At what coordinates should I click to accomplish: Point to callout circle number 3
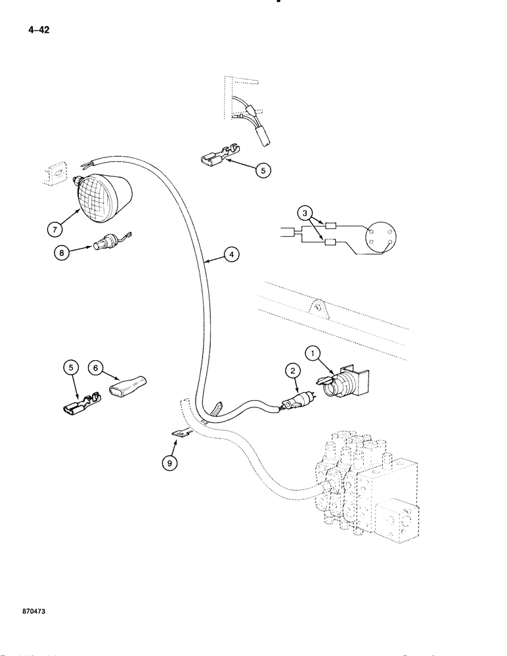(305, 213)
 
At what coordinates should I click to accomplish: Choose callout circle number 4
(230, 255)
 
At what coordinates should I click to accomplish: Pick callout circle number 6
(95, 369)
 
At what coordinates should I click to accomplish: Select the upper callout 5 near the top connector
(262, 170)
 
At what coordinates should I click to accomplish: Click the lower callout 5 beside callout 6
(71, 369)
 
